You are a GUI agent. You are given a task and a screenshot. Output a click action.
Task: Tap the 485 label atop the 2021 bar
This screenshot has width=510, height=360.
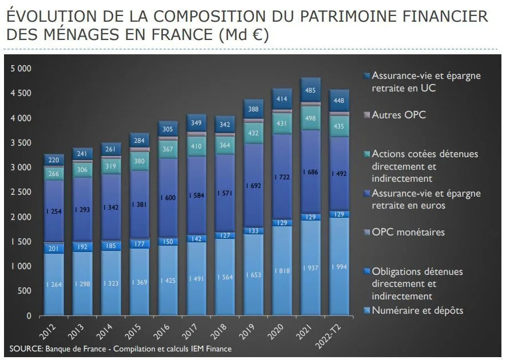(310, 90)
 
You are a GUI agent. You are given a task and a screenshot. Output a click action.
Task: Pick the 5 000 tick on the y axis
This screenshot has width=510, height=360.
(21, 69)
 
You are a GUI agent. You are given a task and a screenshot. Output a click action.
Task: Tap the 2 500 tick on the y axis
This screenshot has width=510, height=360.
(21, 192)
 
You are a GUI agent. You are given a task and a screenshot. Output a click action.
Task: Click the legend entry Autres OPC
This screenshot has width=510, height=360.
(399, 115)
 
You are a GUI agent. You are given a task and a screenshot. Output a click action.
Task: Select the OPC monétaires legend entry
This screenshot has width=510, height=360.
(408, 232)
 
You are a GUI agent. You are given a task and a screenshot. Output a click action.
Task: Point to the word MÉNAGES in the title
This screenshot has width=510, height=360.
(86, 35)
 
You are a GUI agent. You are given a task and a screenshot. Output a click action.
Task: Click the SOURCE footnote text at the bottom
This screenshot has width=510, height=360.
(121, 349)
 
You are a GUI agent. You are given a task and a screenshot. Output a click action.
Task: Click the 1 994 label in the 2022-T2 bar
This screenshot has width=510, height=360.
(338, 267)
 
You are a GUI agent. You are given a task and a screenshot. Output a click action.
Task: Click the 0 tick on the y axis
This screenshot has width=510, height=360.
(29, 316)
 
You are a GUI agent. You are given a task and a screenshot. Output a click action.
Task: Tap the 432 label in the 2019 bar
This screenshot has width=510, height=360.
(254, 133)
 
